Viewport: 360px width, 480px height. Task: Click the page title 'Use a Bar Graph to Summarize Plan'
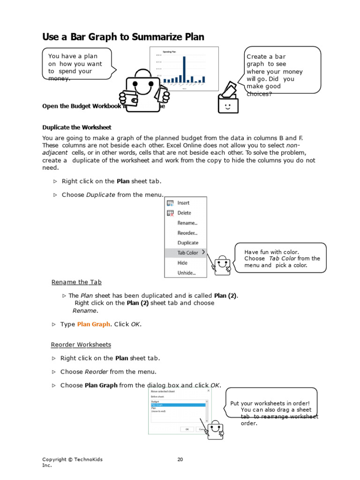click(123, 37)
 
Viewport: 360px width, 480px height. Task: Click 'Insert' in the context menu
click(183, 203)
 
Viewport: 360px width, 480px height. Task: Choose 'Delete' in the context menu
click(184, 213)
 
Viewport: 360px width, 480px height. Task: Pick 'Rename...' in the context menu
click(187, 223)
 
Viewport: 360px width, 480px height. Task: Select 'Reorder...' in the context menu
click(187, 233)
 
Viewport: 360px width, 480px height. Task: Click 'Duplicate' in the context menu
click(187, 243)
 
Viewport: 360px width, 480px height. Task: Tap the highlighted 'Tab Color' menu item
click(187, 253)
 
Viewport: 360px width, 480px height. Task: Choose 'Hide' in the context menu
click(182, 263)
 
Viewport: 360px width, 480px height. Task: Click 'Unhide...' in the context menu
click(186, 273)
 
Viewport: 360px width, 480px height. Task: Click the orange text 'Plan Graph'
click(93, 324)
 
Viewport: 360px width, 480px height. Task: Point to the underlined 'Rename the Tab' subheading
click(76, 282)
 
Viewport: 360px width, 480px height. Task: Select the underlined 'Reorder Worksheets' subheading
click(81, 345)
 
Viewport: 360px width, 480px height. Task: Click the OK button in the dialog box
click(187, 428)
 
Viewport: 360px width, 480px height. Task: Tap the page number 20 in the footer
click(180, 460)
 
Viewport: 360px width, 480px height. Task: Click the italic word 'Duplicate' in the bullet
click(100, 195)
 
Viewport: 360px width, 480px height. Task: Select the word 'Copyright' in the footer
click(54, 460)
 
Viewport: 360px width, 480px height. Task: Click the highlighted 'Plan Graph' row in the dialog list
click(178, 405)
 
